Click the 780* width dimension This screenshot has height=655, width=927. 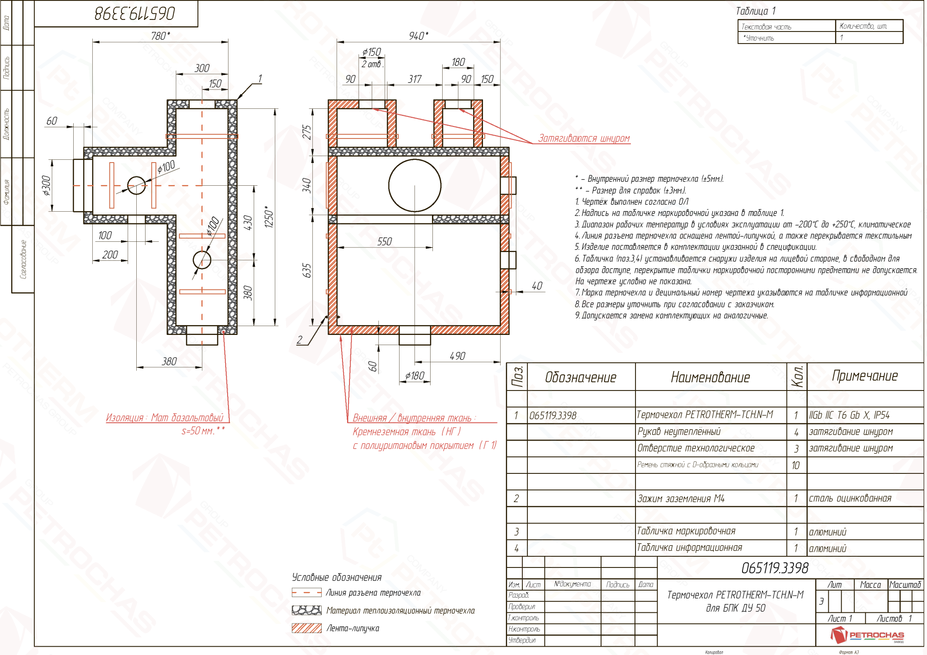pyautogui.click(x=160, y=36)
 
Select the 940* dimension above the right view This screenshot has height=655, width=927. pyautogui.click(x=418, y=36)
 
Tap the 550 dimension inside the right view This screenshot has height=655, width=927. pyautogui.click(x=384, y=241)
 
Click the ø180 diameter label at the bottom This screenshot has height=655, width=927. pyautogui.click(x=414, y=376)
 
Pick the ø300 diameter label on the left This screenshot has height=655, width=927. pyautogui.click(x=46, y=185)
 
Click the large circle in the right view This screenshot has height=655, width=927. pyautogui.click(x=414, y=185)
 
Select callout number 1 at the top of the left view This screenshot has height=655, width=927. pyautogui.click(x=260, y=79)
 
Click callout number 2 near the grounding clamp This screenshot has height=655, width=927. pyautogui.click(x=299, y=340)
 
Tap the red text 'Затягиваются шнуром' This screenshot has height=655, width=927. pyautogui.click(x=584, y=138)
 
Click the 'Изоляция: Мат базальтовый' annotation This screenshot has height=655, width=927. pyautogui.click(x=165, y=417)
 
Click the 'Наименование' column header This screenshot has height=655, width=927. pyautogui.click(x=710, y=377)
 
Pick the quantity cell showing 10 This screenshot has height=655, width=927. pyautogui.click(x=796, y=465)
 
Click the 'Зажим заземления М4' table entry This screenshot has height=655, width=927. pyautogui.click(x=680, y=498)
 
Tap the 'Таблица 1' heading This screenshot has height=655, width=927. pyautogui.click(x=756, y=11)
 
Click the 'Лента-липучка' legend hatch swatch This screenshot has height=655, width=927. pyautogui.click(x=306, y=628)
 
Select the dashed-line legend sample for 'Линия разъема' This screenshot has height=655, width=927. pyautogui.click(x=306, y=592)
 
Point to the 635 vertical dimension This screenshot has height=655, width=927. pyautogui.click(x=306, y=271)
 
